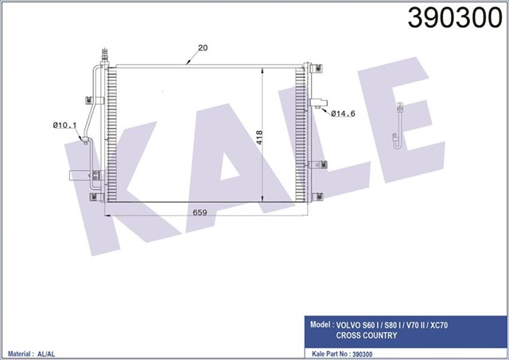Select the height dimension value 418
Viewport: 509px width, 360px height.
tap(259, 136)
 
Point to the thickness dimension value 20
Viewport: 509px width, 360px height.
tap(202, 48)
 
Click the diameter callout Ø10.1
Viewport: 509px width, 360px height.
tap(64, 124)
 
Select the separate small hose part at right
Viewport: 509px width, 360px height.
tap(397, 127)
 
